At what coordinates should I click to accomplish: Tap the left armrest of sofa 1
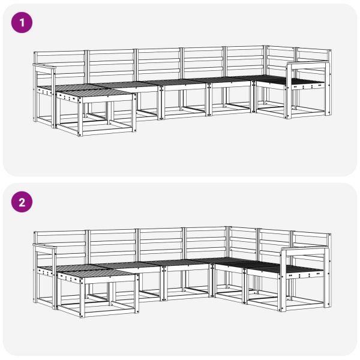(44, 65)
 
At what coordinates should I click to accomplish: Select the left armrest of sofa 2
(44, 247)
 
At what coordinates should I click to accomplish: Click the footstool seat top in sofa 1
(96, 94)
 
